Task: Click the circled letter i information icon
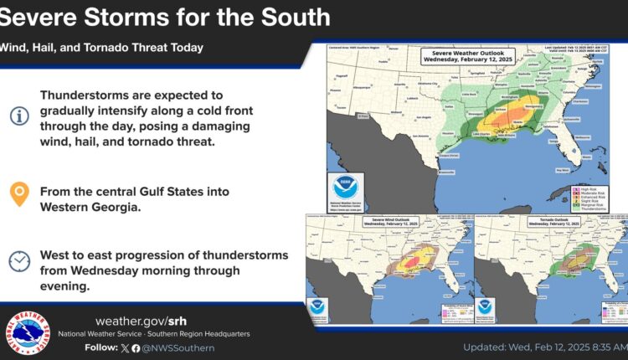[18, 116]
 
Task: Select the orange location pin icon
[18, 194]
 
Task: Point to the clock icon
[18, 260]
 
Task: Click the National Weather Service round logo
[28, 332]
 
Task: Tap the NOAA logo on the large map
[342, 186]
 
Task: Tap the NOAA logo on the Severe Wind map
[317, 306]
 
